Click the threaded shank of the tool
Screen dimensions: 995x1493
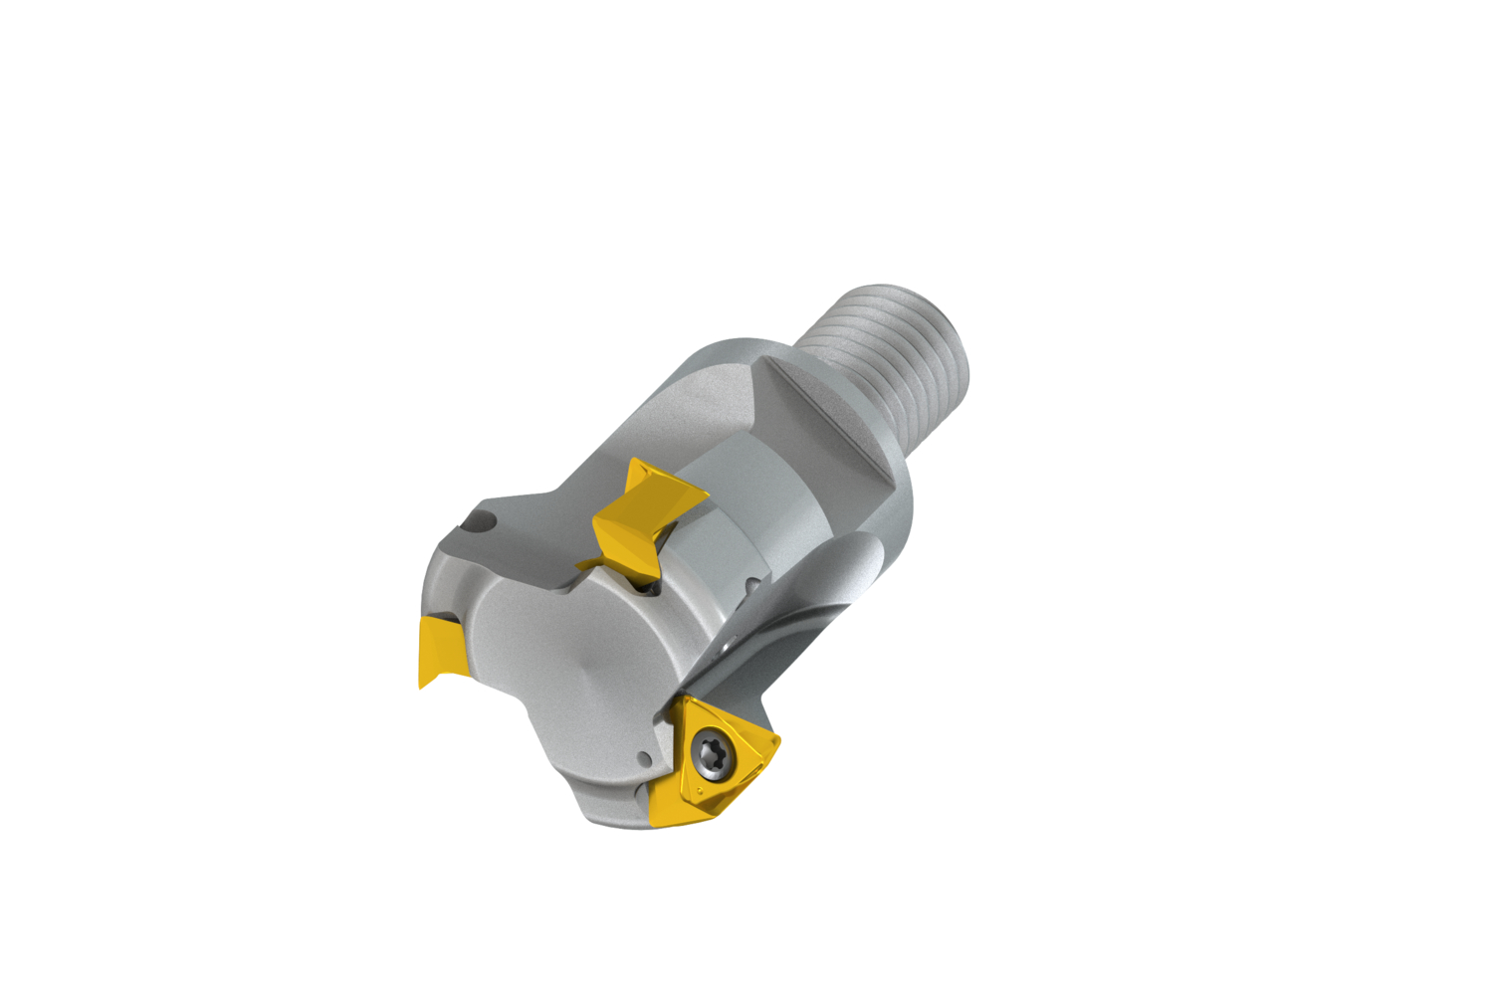(891, 348)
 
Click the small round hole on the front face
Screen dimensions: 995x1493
(645, 760)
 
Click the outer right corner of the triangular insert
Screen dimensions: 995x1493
(778, 739)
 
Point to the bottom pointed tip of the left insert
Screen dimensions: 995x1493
(422, 686)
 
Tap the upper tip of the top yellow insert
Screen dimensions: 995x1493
(631, 461)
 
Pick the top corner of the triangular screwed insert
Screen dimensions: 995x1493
(687, 699)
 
